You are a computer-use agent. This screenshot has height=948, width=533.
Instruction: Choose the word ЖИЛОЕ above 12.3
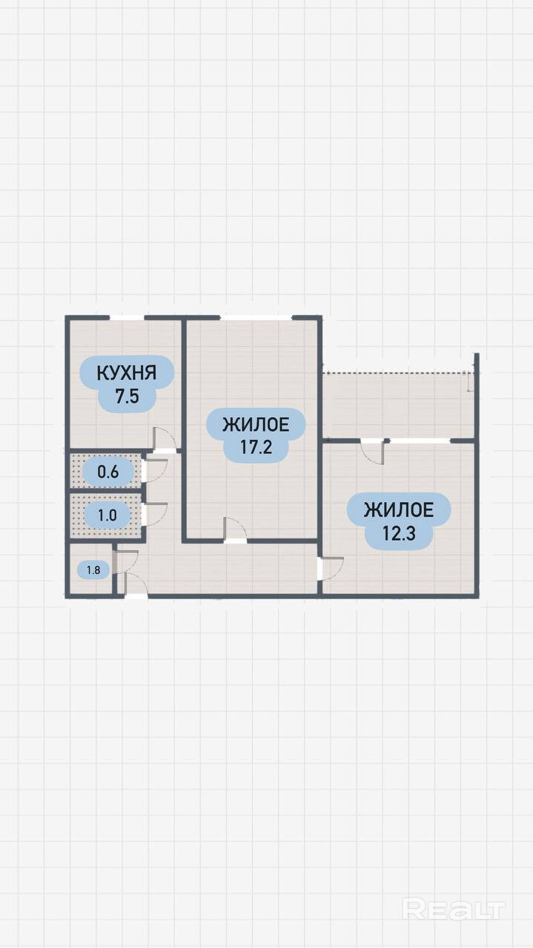pyautogui.click(x=398, y=510)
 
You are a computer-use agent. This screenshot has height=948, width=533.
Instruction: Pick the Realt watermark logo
pyautogui.click(x=454, y=909)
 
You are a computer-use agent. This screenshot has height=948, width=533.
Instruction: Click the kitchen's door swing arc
pyautogui.click(x=165, y=439)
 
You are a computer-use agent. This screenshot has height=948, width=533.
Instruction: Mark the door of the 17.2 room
pyautogui.click(x=236, y=530)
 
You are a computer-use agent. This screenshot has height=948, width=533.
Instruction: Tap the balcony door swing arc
pyautogui.click(x=372, y=452)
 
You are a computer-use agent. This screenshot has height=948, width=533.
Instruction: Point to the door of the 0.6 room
pyautogui.click(x=155, y=471)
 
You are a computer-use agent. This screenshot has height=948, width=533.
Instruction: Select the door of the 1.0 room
pyautogui.click(x=155, y=514)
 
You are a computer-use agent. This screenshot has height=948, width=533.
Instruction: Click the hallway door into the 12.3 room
pyautogui.click(x=331, y=569)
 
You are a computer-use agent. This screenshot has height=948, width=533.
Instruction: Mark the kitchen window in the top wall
pyautogui.click(x=126, y=318)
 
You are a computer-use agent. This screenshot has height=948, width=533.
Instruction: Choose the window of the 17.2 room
pyautogui.click(x=256, y=318)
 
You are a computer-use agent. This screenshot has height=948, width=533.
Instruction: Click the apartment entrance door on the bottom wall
pyautogui.click(x=136, y=587)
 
